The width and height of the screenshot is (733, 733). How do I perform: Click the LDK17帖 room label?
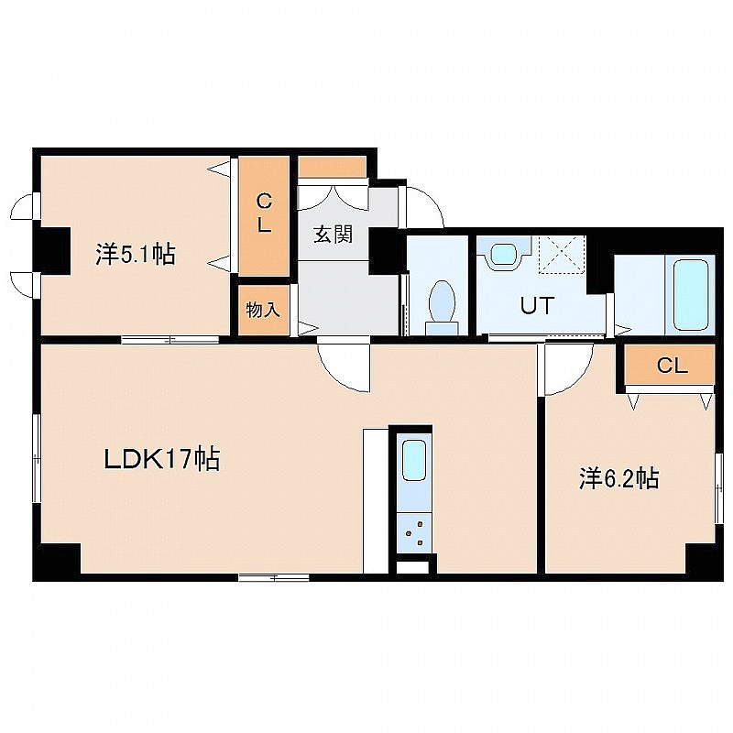(162, 460)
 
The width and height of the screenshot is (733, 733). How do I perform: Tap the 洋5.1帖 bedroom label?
(136, 256)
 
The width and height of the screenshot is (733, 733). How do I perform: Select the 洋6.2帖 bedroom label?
(619, 478)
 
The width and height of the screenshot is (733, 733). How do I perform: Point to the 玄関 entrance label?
(333, 235)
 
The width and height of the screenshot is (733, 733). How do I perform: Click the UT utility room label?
(537, 306)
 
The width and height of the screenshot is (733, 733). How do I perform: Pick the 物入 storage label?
(263, 309)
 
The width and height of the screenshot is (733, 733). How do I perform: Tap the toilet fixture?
(442, 308)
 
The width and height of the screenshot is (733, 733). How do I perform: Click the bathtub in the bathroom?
(691, 295)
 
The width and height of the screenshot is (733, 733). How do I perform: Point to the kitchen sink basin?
(414, 460)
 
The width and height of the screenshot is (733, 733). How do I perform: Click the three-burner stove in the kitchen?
(414, 533)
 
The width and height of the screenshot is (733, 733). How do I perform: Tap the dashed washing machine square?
(562, 255)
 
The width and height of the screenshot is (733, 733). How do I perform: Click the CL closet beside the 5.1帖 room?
(264, 215)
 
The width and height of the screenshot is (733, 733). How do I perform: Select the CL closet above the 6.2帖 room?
(670, 365)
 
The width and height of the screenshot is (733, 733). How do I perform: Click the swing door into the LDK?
(345, 367)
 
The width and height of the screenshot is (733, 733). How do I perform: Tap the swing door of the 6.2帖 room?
(565, 369)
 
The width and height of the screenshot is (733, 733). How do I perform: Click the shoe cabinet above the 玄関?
(332, 167)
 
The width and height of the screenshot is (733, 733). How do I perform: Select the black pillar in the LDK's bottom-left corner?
(57, 558)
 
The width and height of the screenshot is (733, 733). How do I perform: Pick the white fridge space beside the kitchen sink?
(376, 500)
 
